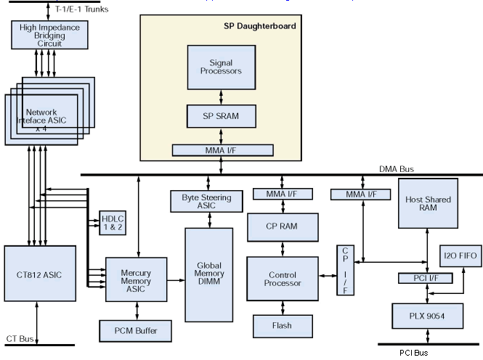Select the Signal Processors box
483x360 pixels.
[221, 67]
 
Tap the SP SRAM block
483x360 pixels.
[221, 116]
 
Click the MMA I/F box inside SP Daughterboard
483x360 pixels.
[222, 150]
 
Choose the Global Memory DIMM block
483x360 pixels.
[210, 274]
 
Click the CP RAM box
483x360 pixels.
[283, 226]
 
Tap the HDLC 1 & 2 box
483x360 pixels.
[113, 221]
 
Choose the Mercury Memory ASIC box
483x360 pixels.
[136, 278]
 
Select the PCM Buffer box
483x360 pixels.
[136, 331]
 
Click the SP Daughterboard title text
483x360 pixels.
[259, 25]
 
